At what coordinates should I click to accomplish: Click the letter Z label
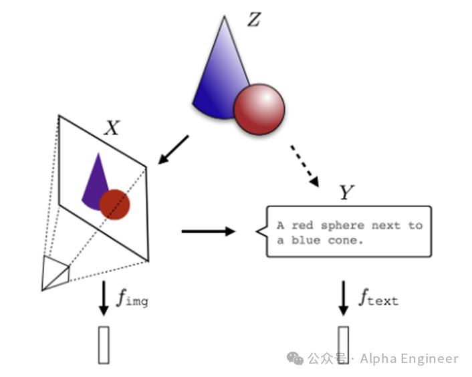tap(254, 19)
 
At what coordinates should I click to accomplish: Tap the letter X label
tap(112, 128)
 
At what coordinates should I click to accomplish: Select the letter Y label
tap(346, 192)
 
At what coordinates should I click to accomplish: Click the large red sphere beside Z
tap(259, 109)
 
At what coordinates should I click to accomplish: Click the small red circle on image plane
tap(114, 205)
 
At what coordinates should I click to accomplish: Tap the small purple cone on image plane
tap(96, 184)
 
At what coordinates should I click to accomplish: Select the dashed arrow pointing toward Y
tap(304, 166)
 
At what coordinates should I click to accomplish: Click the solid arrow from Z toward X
tap(173, 150)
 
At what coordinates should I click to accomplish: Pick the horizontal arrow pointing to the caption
tap(209, 231)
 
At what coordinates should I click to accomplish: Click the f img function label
tap(132, 298)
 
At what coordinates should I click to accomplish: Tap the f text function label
tap(378, 297)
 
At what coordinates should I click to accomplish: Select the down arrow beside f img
tap(104, 298)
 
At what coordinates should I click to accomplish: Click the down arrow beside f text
tap(344, 298)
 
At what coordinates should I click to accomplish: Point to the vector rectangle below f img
tap(104, 345)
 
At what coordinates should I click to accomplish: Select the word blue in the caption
tap(306, 241)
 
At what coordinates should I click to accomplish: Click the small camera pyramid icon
tap(55, 273)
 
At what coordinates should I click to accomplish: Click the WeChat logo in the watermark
tap(295, 358)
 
